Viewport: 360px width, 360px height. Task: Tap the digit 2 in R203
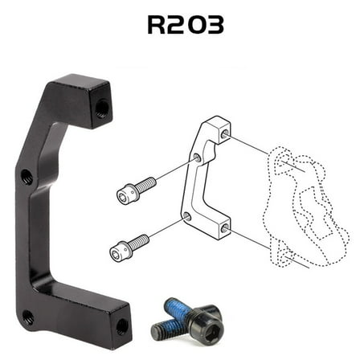point(175,24)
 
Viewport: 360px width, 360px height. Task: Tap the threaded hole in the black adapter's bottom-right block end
point(121,325)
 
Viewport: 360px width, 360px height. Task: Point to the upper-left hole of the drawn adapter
point(197,158)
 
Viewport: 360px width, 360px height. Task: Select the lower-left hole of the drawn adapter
point(187,217)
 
